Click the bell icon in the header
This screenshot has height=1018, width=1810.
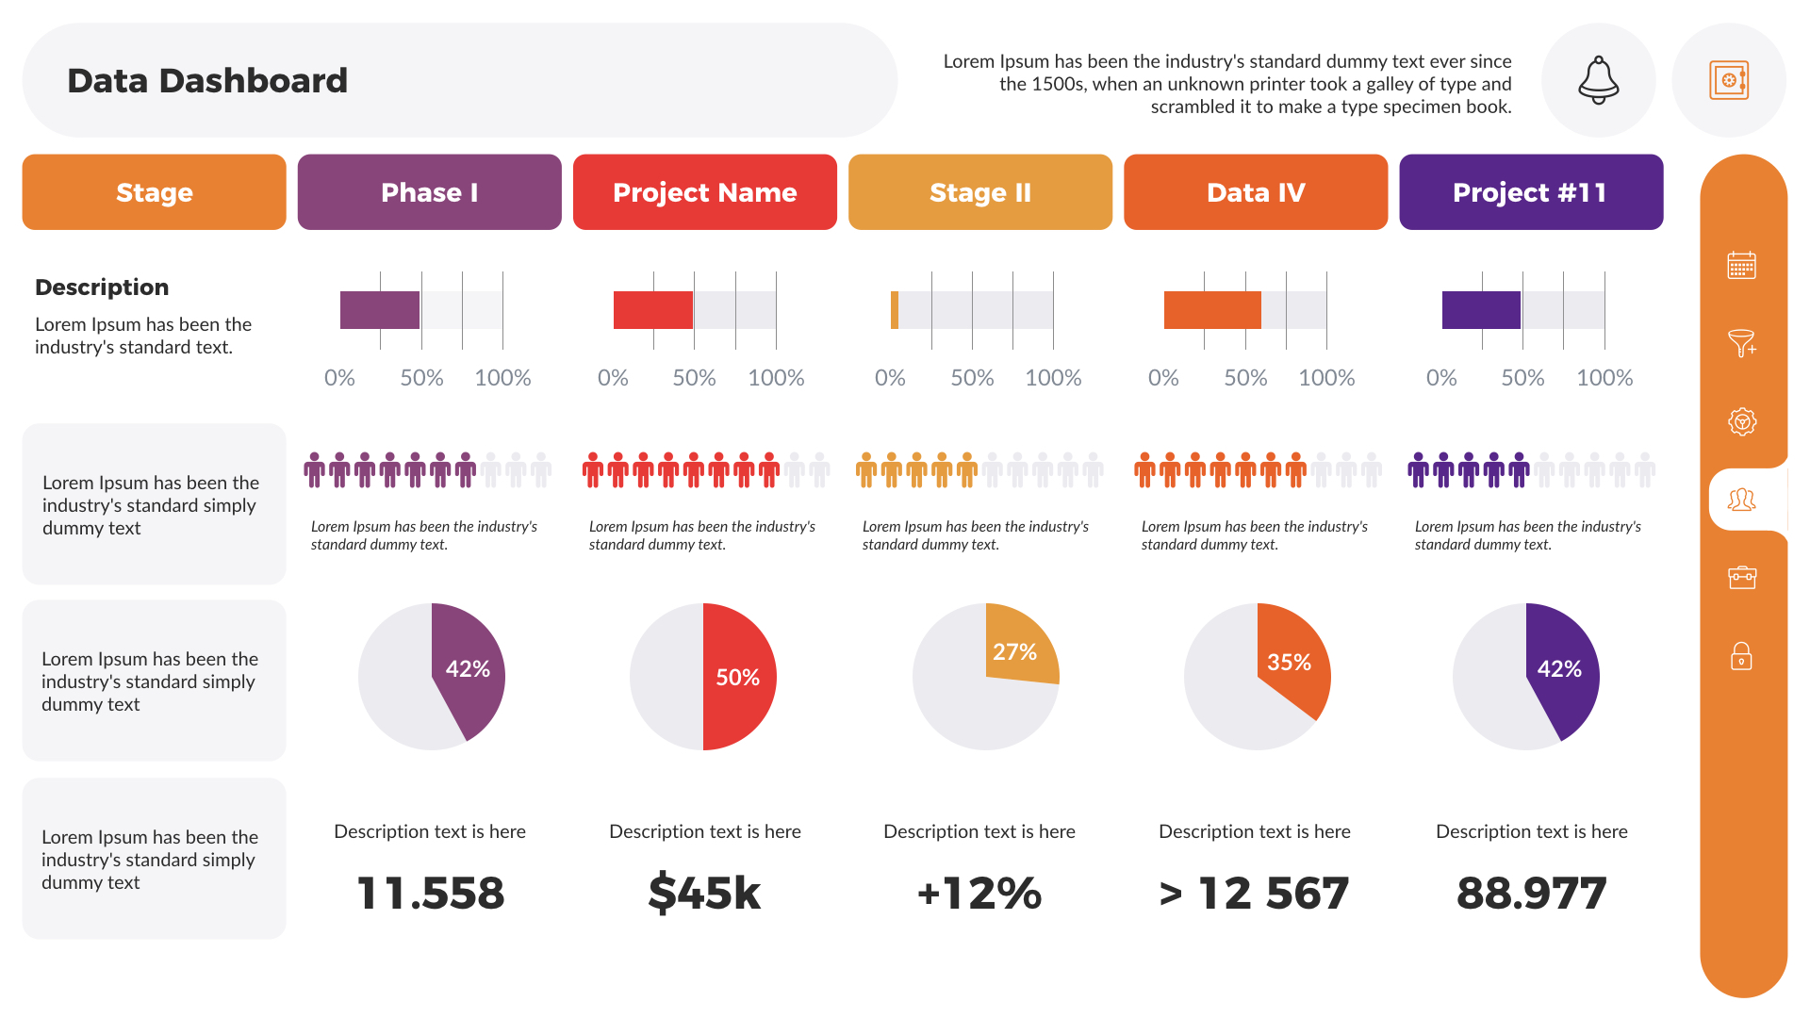[x=1598, y=80]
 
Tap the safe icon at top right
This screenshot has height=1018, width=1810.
[x=1728, y=80]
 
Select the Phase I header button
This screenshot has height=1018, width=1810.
[x=429, y=192]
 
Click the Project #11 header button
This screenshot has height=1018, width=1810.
[x=1530, y=192]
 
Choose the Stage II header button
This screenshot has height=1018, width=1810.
[x=979, y=192]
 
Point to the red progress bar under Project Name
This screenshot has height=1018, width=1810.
[x=652, y=310]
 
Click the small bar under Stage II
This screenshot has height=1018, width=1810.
[x=895, y=310]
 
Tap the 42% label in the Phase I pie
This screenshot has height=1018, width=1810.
[x=468, y=669]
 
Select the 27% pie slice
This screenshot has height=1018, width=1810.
[x=1018, y=649]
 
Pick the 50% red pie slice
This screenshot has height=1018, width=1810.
[x=740, y=677]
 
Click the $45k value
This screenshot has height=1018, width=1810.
[x=704, y=893]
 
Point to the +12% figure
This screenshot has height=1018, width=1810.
[x=979, y=893]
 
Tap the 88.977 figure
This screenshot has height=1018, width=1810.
[x=1531, y=893]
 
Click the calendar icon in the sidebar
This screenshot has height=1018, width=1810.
[x=1741, y=266]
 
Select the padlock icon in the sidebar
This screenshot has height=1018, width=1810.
[x=1741, y=656]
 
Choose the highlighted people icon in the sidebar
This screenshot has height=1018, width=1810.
[x=1741, y=500]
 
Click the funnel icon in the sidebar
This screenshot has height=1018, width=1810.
[x=1741, y=343]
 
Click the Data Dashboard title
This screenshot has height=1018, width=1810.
[x=207, y=81]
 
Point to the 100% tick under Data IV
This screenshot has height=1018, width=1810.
[x=1326, y=378]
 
